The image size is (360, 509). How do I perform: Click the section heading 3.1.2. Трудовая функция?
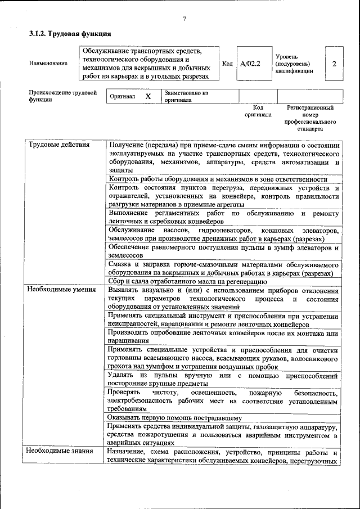click(x=66, y=34)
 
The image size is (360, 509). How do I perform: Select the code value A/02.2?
click(x=250, y=64)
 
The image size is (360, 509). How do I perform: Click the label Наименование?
click(x=47, y=64)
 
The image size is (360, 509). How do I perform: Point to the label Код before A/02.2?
click(x=227, y=64)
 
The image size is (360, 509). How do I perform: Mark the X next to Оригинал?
click(x=148, y=96)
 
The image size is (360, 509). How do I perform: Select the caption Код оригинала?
click(x=258, y=111)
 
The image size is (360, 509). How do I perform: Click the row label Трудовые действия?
click(x=51, y=145)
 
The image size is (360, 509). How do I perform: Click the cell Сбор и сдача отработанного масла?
click(x=184, y=281)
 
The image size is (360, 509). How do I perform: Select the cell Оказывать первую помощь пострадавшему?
click(x=175, y=418)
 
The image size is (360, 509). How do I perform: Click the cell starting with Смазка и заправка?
click(x=223, y=269)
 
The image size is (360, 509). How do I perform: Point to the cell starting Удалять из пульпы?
click(x=223, y=379)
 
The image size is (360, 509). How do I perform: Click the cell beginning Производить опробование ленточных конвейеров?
click(x=223, y=336)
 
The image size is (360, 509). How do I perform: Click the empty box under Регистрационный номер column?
click(x=309, y=96)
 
